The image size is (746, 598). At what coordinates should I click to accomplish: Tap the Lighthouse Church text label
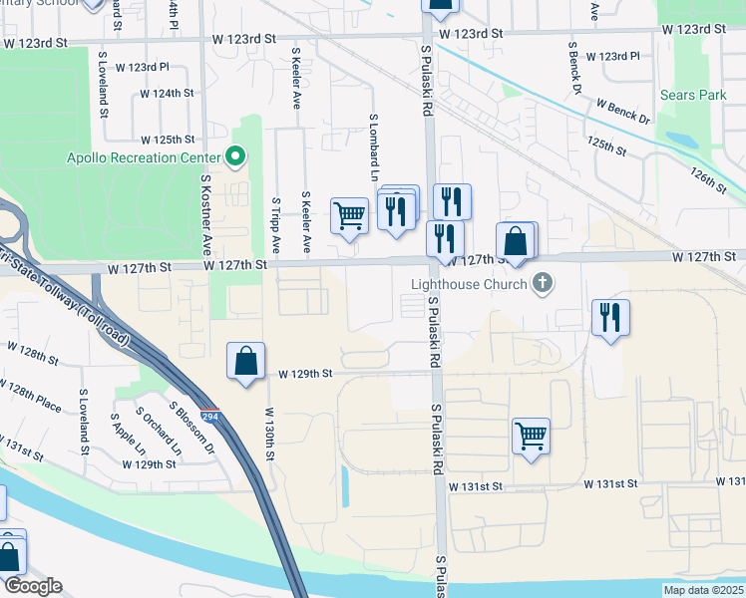[x=469, y=284]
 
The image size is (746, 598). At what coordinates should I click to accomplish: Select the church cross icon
[x=543, y=284]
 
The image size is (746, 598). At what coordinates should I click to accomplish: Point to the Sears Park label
[x=693, y=95]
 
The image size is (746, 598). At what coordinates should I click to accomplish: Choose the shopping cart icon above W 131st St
[x=532, y=436]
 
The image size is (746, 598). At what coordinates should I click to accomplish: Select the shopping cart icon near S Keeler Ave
[x=349, y=215]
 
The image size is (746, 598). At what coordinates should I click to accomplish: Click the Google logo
[x=33, y=586]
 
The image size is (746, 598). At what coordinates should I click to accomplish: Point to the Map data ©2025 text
[x=703, y=589]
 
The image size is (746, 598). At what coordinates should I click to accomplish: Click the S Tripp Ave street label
[x=275, y=225]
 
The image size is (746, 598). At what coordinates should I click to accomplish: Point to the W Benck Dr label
[x=622, y=110]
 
